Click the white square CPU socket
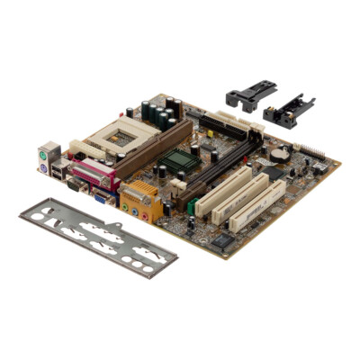click(121, 136)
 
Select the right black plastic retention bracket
click(289, 112)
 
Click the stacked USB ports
click(59, 169)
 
